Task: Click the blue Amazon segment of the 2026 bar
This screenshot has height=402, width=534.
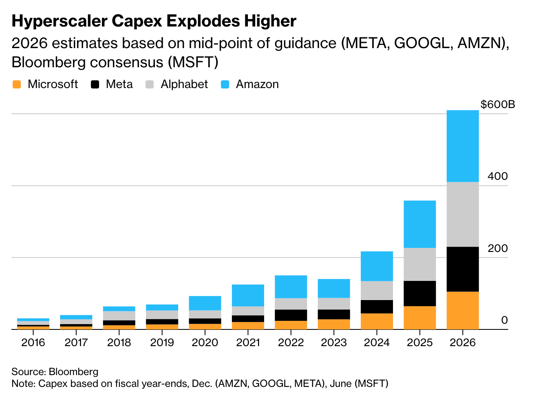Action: click(462, 146)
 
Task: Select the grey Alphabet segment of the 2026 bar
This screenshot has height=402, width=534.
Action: click(462, 214)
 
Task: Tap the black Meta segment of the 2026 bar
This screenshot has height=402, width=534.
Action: click(462, 269)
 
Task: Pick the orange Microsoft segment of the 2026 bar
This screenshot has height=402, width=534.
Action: click(462, 310)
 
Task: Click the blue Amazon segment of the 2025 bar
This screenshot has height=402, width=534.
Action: click(419, 224)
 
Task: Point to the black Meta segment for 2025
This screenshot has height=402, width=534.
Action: click(419, 293)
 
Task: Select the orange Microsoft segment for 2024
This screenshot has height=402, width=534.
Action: click(377, 321)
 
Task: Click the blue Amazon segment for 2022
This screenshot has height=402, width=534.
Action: click(291, 287)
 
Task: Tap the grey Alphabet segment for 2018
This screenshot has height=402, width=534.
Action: click(119, 316)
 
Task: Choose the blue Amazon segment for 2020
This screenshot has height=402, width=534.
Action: click(205, 303)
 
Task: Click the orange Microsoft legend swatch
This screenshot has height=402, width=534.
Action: click(16, 84)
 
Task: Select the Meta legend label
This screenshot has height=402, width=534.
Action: click(119, 84)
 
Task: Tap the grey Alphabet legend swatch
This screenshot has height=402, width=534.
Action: click(150, 84)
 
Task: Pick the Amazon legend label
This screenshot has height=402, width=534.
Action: click(257, 84)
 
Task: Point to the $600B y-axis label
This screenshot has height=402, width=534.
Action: click(498, 105)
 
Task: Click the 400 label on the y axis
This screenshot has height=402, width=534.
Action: click(498, 177)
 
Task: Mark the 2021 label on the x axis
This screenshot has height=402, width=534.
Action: click(248, 342)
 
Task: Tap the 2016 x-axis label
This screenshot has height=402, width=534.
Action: click(33, 342)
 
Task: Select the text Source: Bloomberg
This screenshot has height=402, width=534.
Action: click(55, 372)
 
